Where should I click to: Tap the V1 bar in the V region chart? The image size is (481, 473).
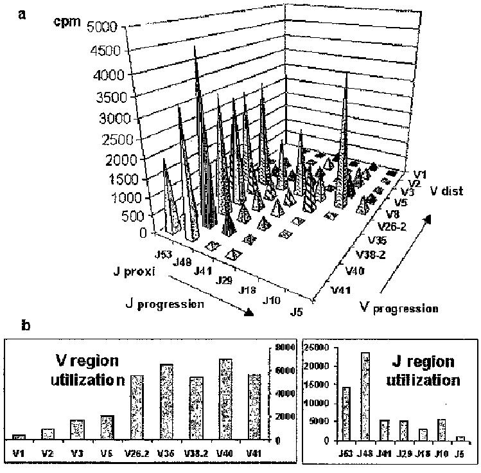tap(19, 437)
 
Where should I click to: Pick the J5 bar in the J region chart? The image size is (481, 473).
tap(460, 438)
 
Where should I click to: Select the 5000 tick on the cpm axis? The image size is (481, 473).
tap(103, 27)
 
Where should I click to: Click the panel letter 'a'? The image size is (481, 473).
tap(22, 13)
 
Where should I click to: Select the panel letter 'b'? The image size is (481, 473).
tap(24, 325)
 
